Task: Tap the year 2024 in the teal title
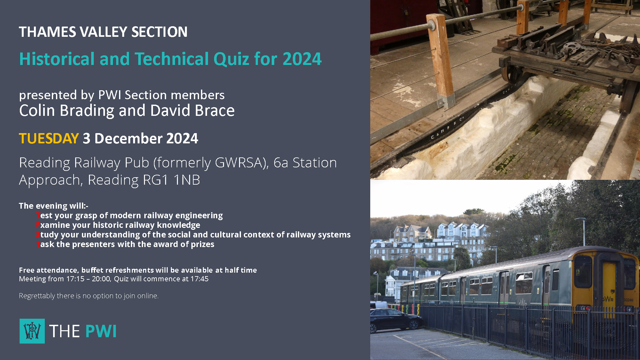(x=302, y=59)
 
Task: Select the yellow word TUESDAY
(x=49, y=139)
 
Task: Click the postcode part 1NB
(x=187, y=180)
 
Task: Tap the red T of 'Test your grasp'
(x=38, y=215)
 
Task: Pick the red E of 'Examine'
(x=38, y=225)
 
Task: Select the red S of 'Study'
(x=38, y=235)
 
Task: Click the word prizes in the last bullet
(x=203, y=244)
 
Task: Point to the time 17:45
(x=199, y=279)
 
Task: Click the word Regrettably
(x=37, y=296)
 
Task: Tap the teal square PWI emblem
(x=32, y=331)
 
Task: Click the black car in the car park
(x=396, y=320)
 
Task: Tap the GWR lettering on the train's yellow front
(x=608, y=299)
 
